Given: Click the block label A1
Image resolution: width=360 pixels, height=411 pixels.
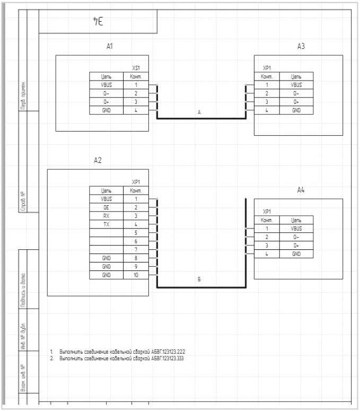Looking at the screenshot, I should click(109, 47).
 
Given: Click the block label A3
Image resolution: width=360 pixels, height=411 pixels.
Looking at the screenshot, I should click(301, 47).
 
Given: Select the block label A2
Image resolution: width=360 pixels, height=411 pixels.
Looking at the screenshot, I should click(97, 160).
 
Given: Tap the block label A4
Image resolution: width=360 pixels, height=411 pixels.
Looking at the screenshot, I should click(301, 190).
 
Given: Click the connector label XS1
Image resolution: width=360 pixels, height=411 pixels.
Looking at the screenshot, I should click(136, 68).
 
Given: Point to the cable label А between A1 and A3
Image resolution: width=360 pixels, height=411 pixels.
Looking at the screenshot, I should click(199, 112).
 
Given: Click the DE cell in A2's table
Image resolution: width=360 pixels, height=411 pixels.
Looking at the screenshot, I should click(106, 207).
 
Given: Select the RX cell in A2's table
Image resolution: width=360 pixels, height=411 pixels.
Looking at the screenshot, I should click(106, 215).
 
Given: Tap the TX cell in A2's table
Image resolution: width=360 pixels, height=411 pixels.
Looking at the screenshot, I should click(106, 224).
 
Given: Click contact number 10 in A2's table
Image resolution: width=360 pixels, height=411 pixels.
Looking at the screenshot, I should click(136, 275).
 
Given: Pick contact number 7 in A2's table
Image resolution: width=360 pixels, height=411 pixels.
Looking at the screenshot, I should click(136, 249).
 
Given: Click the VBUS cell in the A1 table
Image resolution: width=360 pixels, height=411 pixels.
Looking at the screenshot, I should click(106, 85).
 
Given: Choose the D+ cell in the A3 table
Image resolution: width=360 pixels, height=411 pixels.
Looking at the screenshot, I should click(296, 102).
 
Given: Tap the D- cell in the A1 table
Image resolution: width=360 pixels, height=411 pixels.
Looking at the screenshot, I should click(106, 93).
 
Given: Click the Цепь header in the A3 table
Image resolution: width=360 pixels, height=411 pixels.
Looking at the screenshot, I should click(296, 76).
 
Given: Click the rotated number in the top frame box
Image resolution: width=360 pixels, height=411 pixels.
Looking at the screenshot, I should click(98, 21).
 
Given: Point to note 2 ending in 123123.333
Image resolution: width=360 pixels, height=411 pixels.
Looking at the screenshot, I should click(122, 359).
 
